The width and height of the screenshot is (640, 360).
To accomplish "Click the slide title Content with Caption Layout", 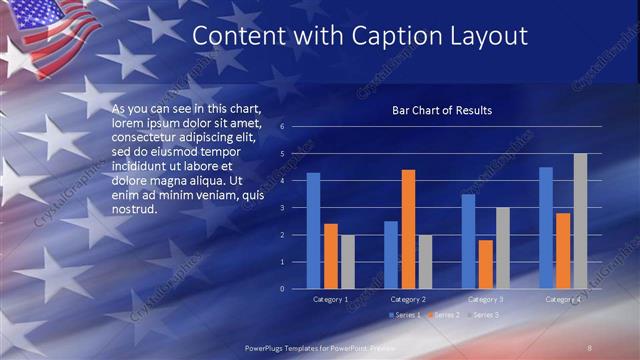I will tap(359, 36).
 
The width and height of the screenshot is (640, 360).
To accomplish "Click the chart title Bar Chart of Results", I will tap(441, 110).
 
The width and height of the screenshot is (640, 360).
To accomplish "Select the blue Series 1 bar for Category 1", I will tap(314, 231).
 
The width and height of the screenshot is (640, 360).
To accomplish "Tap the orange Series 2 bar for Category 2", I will tap(408, 229).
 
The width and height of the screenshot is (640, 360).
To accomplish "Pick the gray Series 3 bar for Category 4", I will tap(580, 221).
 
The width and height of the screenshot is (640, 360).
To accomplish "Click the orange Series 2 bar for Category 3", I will tap(485, 264).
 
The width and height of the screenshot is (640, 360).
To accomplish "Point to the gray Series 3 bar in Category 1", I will tap(347, 262).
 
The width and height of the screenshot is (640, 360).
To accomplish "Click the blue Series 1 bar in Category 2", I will tap(391, 255).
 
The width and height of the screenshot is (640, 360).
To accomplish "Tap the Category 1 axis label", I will tap(331, 299).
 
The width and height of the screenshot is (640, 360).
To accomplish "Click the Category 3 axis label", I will tap(485, 299).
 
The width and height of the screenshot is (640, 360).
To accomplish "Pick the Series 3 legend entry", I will tap(481, 315).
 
